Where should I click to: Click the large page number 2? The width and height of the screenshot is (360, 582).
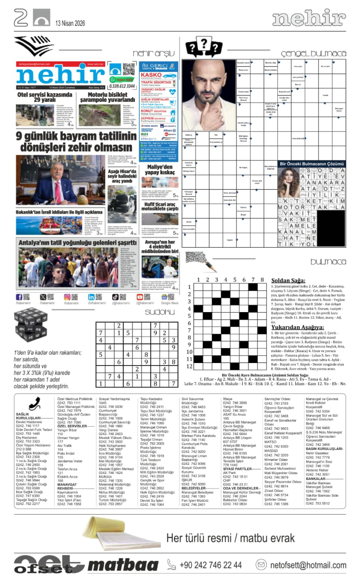pyautogui.click(x=20, y=18)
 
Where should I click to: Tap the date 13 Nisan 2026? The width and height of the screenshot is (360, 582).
pyautogui.click(x=70, y=23)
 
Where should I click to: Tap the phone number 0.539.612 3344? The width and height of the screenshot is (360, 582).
pyautogui.click(x=122, y=86)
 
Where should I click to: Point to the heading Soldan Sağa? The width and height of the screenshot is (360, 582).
pyautogui.click(x=288, y=281)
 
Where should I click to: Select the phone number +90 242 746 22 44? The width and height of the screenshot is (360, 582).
pyautogui.click(x=210, y=565)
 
